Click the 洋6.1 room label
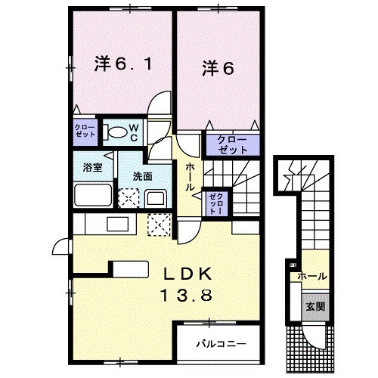pos(125,65)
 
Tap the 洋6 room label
pos(217,69)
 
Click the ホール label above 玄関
pos(312,277)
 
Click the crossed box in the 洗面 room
pos(129,199)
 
